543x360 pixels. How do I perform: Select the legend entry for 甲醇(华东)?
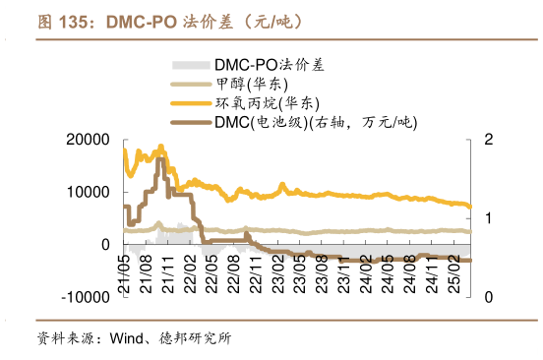[x=250, y=85]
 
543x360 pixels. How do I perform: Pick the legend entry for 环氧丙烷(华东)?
[x=266, y=103]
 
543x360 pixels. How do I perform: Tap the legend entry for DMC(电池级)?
[x=315, y=123]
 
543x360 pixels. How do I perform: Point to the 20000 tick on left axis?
[x=88, y=141]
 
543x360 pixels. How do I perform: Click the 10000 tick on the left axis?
[x=88, y=193]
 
